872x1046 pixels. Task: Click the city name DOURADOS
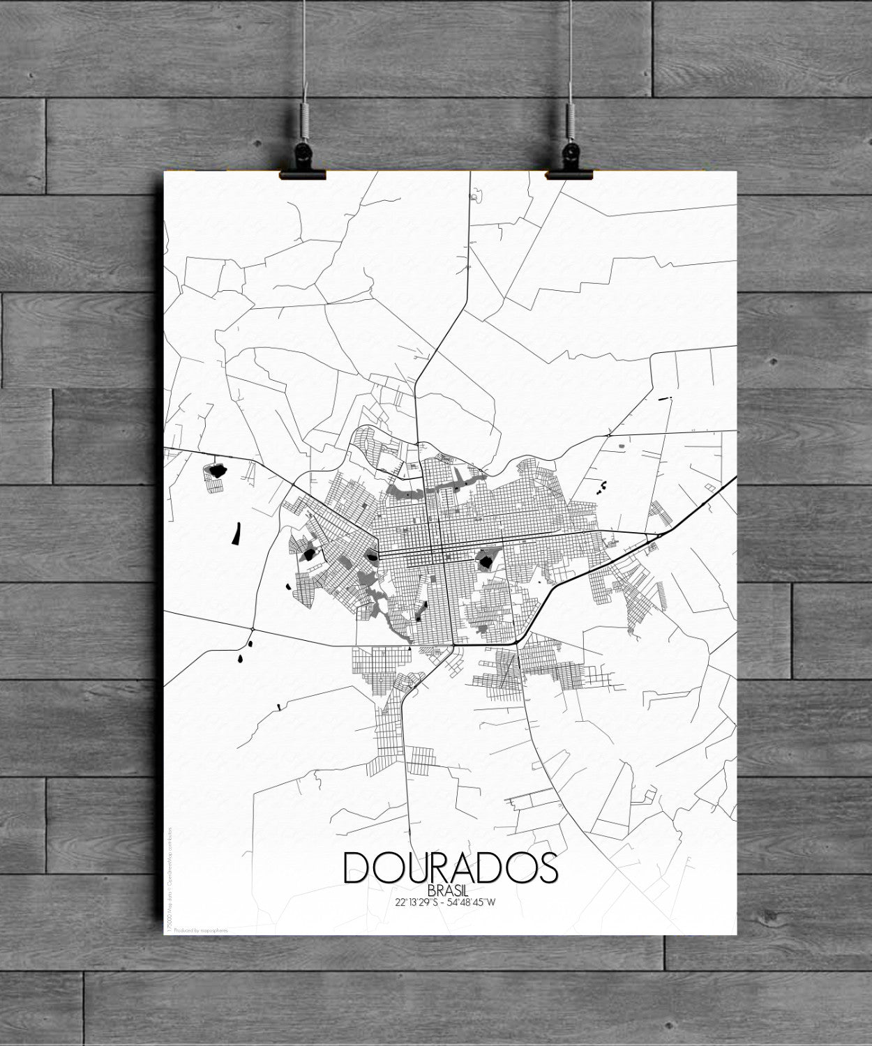(450, 867)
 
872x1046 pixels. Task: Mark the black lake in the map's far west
(215, 469)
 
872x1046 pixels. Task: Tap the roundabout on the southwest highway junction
(250, 630)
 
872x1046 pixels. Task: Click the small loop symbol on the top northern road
(476, 197)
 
